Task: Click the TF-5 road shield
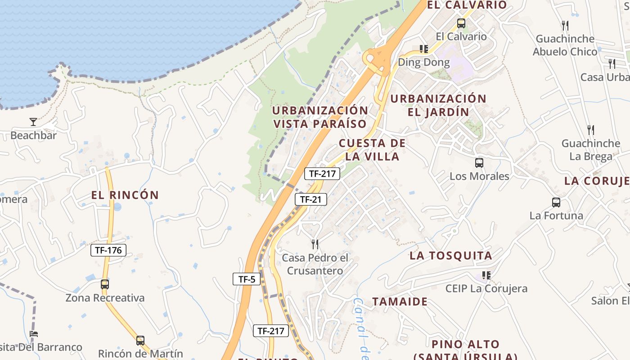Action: pyautogui.click(x=247, y=279)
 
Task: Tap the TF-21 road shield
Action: pyautogui.click(x=310, y=199)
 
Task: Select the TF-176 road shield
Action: pyautogui.click(x=108, y=250)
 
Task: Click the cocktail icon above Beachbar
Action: pyautogui.click(x=33, y=121)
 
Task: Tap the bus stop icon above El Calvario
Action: pyautogui.click(x=461, y=23)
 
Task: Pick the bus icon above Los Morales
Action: pyautogui.click(x=479, y=163)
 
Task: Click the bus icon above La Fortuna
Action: pyautogui.click(x=556, y=202)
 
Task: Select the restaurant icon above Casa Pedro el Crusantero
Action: pyautogui.click(x=315, y=244)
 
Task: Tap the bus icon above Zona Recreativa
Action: pyautogui.click(x=105, y=284)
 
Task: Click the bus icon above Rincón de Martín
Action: pyautogui.click(x=140, y=341)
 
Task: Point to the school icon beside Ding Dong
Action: pyautogui.click(x=423, y=49)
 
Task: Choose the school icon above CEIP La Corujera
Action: pyautogui.click(x=486, y=275)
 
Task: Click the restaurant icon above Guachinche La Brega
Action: pyautogui.click(x=591, y=130)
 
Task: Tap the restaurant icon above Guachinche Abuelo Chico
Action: pyautogui.click(x=565, y=25)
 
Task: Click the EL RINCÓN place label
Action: pyautogui.click(x=125, y=195)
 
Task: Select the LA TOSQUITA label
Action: pyautogui.click(x=450, y=256)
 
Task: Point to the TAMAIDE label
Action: pyautogui.click(x=400, y=301)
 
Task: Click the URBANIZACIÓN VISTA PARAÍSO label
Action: pyautogui.click(x=320, y=117)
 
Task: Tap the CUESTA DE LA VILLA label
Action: pyautogui.click(x=372, y=150)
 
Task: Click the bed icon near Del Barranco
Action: pyautogui.click(x=34, y=334)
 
